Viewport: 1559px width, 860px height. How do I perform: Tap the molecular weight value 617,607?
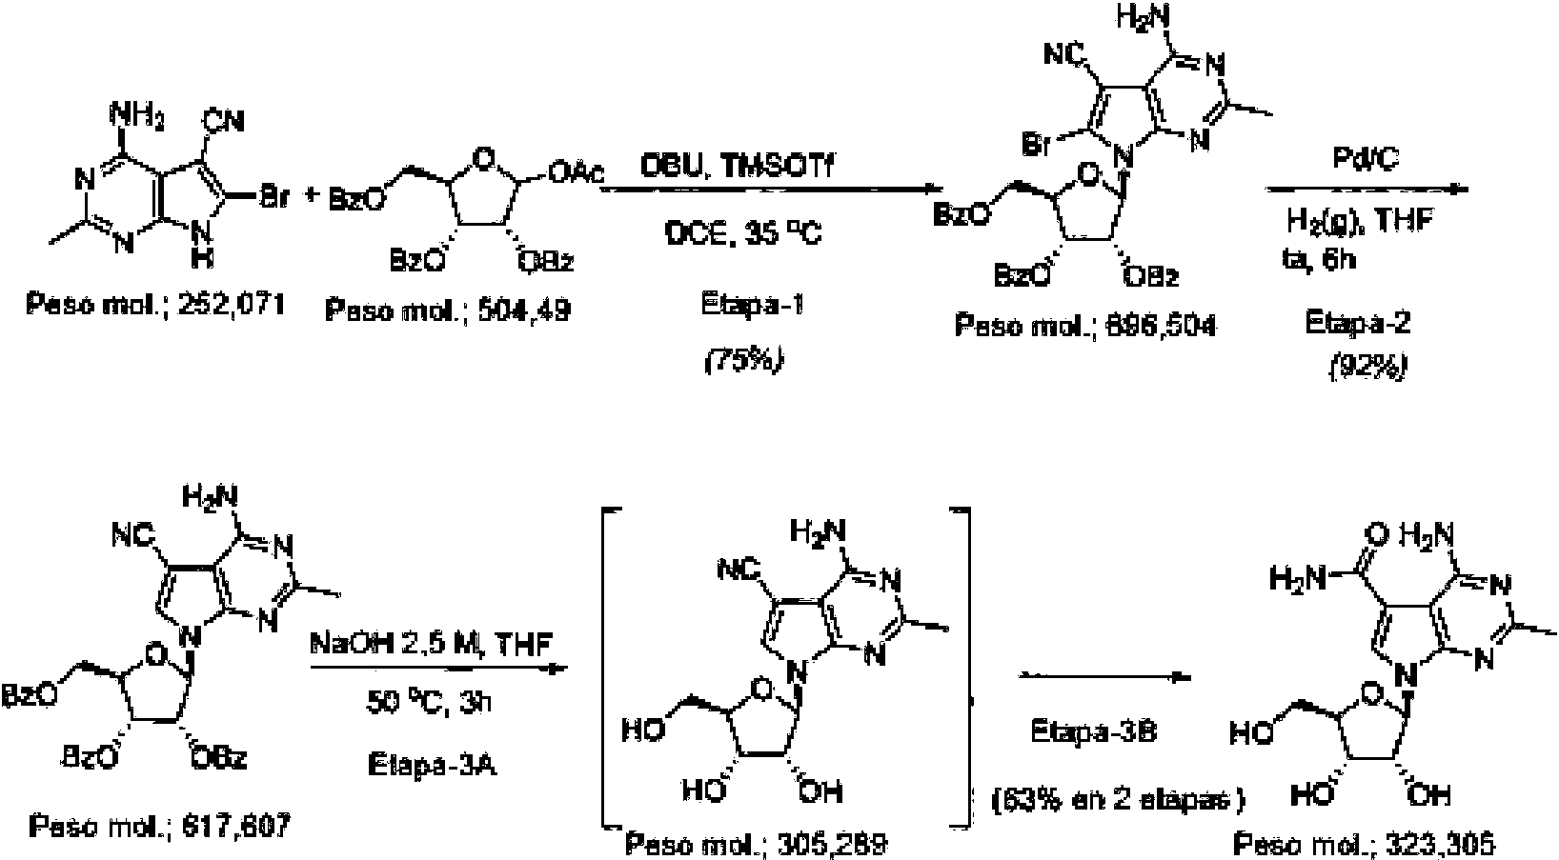230,825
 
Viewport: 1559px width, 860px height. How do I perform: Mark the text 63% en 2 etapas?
1118,800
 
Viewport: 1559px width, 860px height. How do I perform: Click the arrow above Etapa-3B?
1105,678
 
